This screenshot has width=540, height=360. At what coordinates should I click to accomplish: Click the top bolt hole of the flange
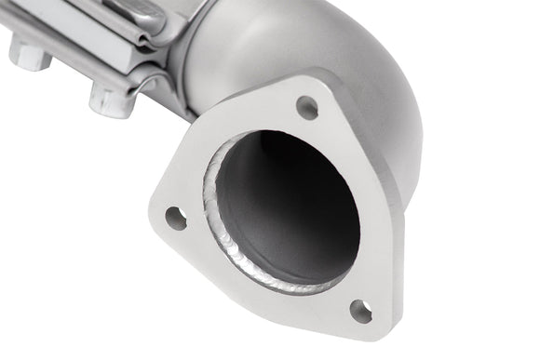click(306, 107)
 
